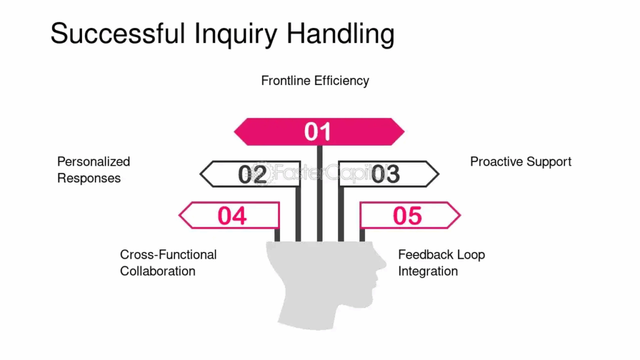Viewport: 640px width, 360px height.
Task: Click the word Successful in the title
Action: point(117,33)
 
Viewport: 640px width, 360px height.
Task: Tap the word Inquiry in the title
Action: point(236,35)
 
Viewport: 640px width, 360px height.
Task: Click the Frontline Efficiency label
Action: point(315,81)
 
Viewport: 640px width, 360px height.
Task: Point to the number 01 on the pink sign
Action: point(317,132)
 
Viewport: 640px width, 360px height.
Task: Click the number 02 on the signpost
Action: point(252,174)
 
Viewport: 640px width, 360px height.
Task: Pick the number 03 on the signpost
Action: point(385,174)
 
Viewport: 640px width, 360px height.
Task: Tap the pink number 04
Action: point(232,216)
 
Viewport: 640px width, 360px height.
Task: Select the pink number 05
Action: point(407,216)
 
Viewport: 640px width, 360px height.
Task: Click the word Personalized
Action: point(94,162)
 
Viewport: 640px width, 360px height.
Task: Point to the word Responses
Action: point(89,178)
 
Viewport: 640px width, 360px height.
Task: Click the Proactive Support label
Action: point(521,162)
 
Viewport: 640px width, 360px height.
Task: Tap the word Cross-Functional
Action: point(168,255)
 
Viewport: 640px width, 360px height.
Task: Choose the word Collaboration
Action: point(157,271)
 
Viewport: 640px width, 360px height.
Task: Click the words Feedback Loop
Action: point(442,255)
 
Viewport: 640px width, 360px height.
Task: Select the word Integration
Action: point(427,271)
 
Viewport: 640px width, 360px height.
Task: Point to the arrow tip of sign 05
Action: point(460,215)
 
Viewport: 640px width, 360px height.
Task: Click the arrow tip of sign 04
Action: point(179,215)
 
